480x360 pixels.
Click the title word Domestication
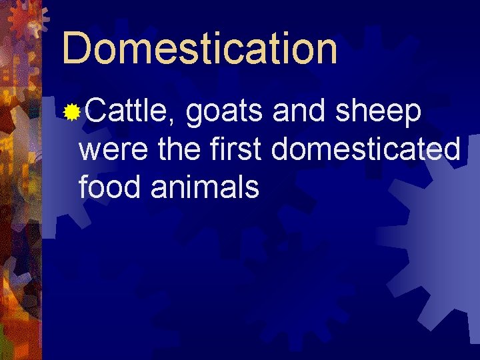pyautogui.click(x=199, y=48)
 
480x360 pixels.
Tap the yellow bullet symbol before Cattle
pyautogui.click(x=71, y=113)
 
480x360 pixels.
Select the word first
pyautogui.click(x=235, y=150)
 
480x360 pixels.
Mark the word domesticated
pyautogui.click(x=365, y=150)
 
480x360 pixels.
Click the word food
pyautogui.click(x=111, y=187)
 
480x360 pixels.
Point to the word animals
pyautogui.click(x=205, y=187)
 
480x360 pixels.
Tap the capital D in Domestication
pyautogui.click(x=77, y=48)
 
